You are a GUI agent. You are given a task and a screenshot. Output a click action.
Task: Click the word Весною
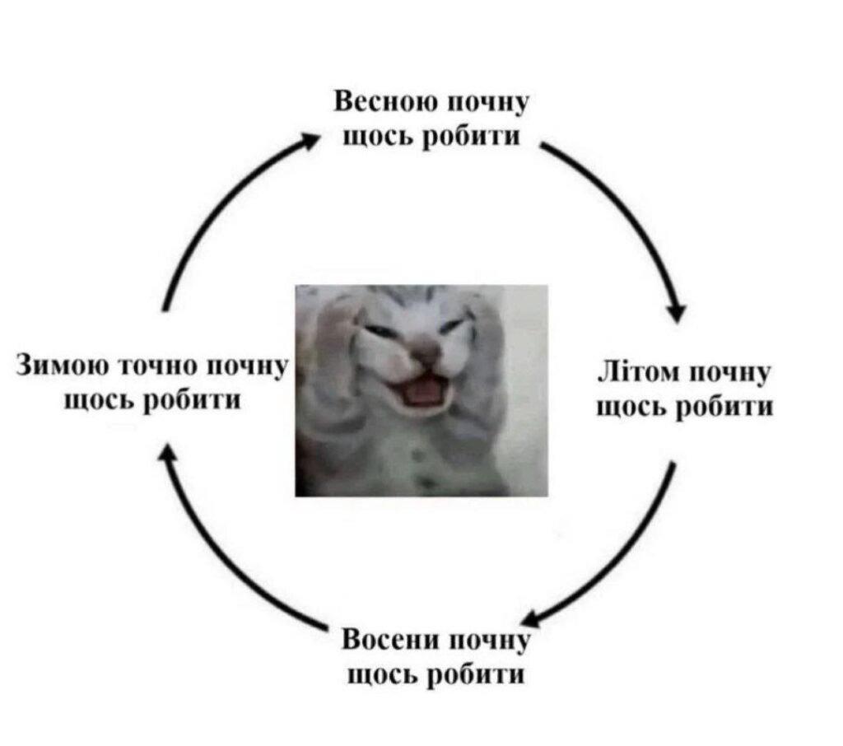coord(386,101)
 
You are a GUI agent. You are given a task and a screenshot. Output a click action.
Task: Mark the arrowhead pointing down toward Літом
coord(678,313)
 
